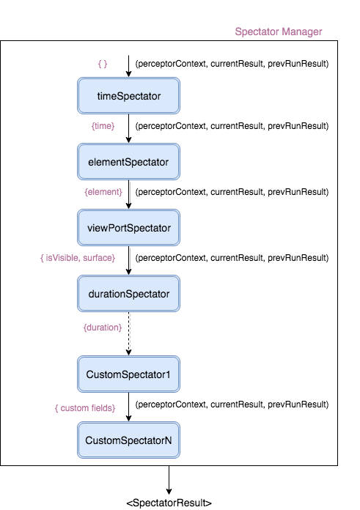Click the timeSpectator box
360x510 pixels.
[128, 95]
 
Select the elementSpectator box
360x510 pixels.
[128, 162]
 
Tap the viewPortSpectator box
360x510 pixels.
[128, 228]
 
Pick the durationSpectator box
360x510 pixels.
[128, 294]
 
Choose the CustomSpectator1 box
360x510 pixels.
[128, 374]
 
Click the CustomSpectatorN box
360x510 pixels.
[128, 440]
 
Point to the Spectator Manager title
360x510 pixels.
[279, 32]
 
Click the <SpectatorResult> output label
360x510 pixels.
[169, 503]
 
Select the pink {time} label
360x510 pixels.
[103, 126]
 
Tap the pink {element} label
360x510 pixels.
[103, 192]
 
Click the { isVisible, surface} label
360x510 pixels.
[78, 258]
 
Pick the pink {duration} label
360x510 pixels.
[103, 328]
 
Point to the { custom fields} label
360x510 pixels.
[85, 408]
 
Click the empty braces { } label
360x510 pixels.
[103, 64]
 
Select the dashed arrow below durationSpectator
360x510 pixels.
[128, 333]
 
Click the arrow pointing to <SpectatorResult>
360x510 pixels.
[169, 480]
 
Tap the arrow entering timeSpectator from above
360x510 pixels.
[128, 67]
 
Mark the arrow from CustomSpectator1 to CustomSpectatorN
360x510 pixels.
[128, 407]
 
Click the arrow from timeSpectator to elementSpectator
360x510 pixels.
[128, 128]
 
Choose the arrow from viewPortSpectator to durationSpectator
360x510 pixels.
[128, 261]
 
